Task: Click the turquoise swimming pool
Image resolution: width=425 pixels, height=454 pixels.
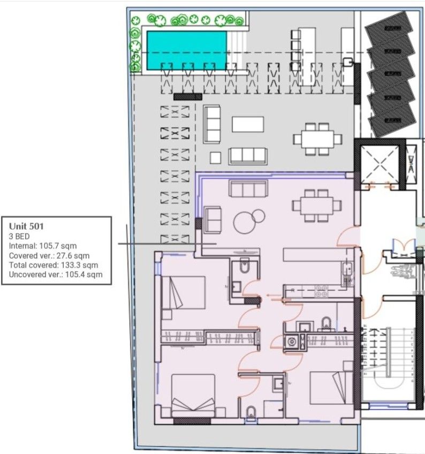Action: click(x=186, y=50)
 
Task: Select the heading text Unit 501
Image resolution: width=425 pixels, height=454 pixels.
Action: click(x=26, y=226)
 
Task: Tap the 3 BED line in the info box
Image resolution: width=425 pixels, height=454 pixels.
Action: click(x=19, y=236)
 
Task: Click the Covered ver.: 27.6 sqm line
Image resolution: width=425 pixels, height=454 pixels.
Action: click(x=49, y=255)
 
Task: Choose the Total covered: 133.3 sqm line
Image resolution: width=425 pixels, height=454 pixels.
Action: click(x=54, y=265)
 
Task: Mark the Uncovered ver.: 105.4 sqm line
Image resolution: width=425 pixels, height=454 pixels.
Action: click(x=56, y=275)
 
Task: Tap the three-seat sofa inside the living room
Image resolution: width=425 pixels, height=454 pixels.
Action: click(x=248, y=188)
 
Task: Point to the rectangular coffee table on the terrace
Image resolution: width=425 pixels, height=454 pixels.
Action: click(x=248, y=124)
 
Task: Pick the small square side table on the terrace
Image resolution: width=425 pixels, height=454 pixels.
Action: click(x=216, y=157)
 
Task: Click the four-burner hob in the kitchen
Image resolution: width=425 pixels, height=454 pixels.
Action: click(x=321, y=291)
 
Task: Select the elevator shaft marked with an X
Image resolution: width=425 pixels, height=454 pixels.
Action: click(x=380, y=163)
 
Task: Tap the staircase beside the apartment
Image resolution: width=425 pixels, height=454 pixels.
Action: click(x=386, y=364)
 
